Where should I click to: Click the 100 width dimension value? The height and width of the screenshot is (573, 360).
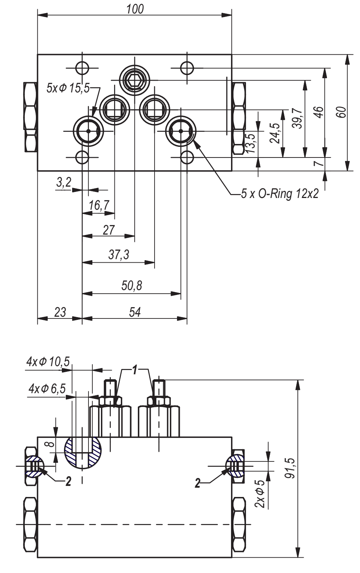(x=135, y=9)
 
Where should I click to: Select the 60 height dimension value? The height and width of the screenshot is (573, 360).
(x=342, y=112)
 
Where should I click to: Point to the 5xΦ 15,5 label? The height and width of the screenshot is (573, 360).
(x=68, y=88)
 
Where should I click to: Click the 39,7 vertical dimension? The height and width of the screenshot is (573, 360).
(x=297, y=118)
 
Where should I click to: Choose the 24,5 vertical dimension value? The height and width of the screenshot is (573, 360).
(x=275, y=133)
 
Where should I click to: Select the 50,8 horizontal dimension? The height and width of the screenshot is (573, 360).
(x=132, y=285)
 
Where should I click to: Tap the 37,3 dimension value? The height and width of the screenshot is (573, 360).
(x=119, y=255)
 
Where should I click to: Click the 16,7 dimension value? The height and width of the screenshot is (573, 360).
(x=99, y=205)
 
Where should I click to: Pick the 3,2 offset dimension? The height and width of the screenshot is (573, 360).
(x=64, y=183)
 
